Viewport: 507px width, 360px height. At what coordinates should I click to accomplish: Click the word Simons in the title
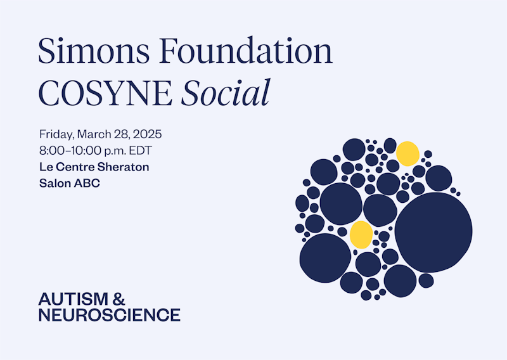(x=94, y=51)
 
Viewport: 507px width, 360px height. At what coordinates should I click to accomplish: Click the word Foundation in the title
(x=246, y=51)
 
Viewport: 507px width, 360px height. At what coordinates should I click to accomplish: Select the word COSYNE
(x=105, y=93)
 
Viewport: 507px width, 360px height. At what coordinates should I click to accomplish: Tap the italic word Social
(x=226, y=92)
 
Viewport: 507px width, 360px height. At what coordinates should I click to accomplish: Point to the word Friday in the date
(x=56, y=134)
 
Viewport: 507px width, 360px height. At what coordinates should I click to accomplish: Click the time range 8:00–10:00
(x=70, y=151)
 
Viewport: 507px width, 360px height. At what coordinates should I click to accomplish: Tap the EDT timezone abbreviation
(x=140, y=151)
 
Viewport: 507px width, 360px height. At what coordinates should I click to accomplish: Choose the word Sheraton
(x=123, y=167)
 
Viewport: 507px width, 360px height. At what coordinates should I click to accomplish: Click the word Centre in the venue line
(x=75, y=167)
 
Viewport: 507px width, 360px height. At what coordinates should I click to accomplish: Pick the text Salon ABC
(x=70, y=183)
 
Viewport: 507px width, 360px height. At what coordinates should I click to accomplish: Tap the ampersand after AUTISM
(x=119, y=299)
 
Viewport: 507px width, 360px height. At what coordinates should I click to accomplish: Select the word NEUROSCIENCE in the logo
(x=109, y=315)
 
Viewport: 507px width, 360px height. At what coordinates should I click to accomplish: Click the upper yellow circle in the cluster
(x=408, y=153)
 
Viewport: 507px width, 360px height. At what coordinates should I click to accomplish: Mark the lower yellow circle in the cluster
(x=361, y=235)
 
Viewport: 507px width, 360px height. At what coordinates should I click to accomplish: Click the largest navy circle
(x=433, y=232)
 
